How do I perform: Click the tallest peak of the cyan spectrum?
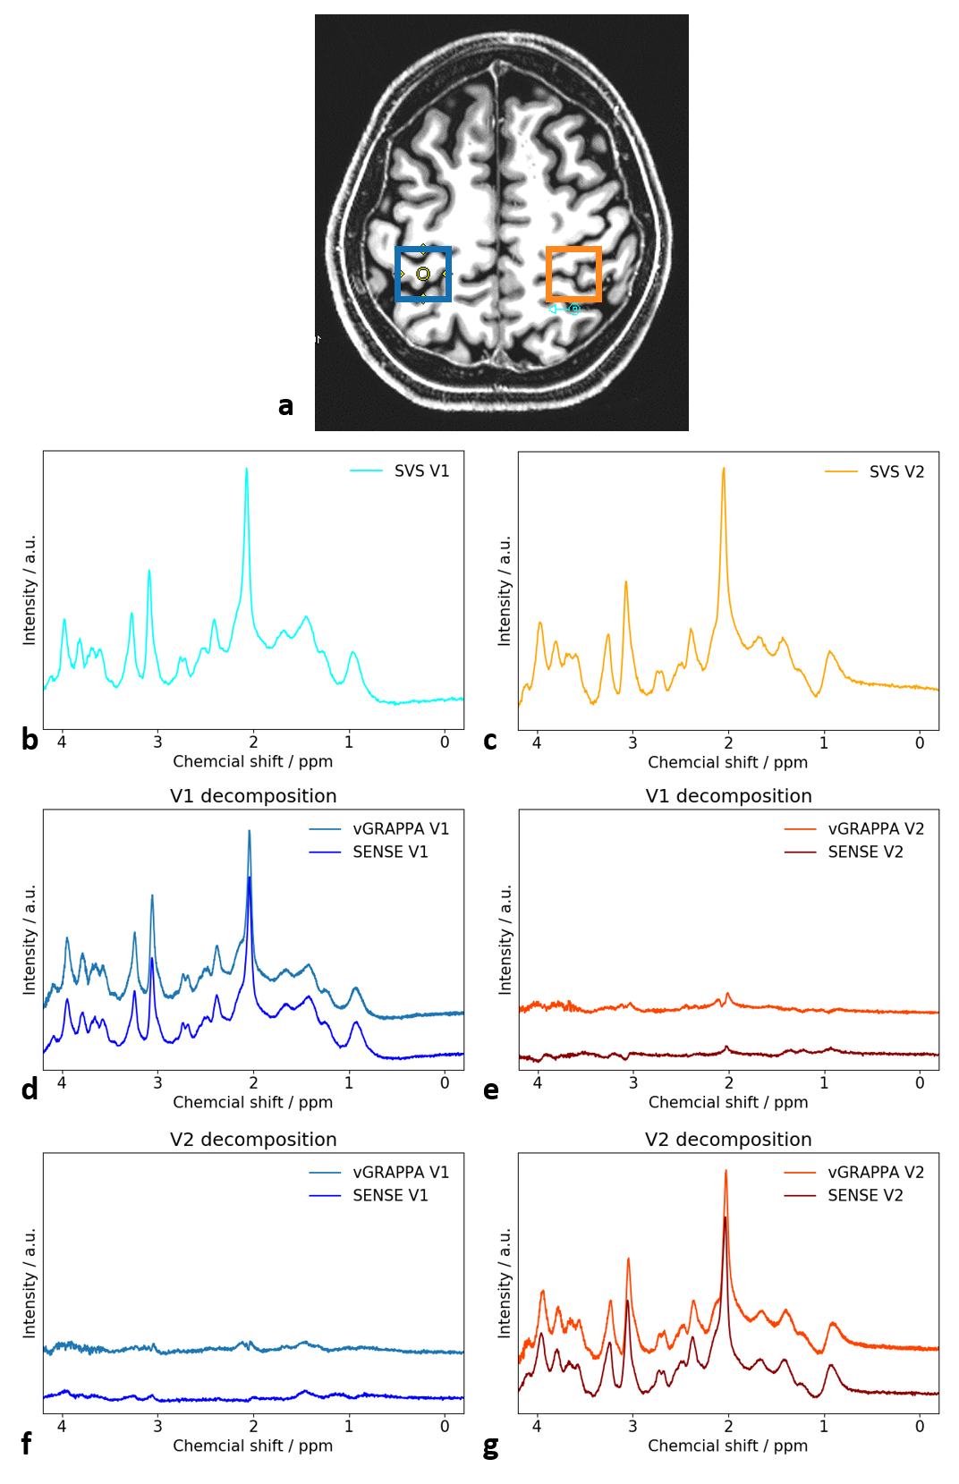[x=247, y=471]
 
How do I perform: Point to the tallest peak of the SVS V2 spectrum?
[x=724, y=470]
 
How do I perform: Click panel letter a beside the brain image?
[x=285, y=406]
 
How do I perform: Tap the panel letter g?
[x=490, y=1446]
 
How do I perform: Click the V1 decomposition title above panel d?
[x=253, y=796]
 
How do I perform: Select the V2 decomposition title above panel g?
[x=728, y=1140]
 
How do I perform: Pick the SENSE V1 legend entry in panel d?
[x=390, y=852]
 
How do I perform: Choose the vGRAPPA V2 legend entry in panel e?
[x=876, y=828]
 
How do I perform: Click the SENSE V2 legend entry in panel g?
[x=865, y=1195]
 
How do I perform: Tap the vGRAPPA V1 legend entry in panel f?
[x=401, y=1172]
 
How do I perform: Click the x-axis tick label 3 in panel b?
[x=157, y=742]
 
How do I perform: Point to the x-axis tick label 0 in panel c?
[x=920, y=742]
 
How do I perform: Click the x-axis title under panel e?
[x=728, y=1102]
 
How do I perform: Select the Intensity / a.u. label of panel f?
[x=30, y=1283]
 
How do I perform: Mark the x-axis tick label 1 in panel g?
[x=824, y=1426]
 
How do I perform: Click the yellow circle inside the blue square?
[x=423, y=274]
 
